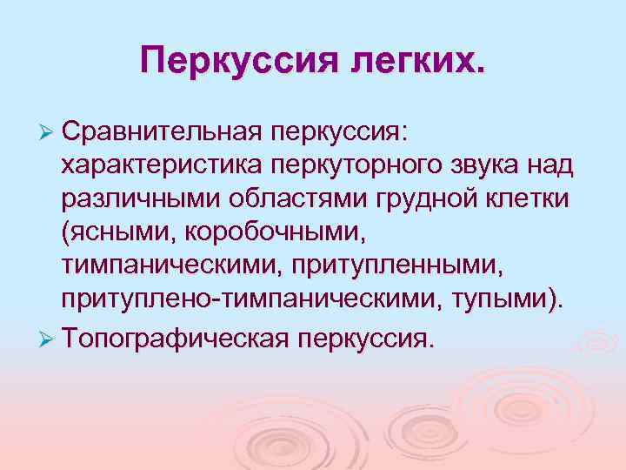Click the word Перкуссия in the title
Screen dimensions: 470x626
coord(229,61)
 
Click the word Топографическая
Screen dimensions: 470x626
coord(175,337)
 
